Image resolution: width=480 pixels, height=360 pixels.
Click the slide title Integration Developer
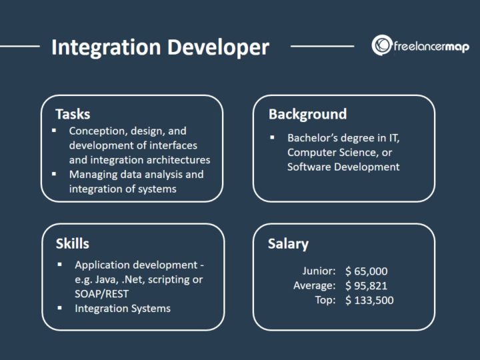pyautogui.click(x=160, y=47)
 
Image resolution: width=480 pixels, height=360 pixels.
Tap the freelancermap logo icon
pyautogui.click(x=382, y=46)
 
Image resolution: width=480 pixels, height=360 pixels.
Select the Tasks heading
pyautogui.click(x=73, y=114)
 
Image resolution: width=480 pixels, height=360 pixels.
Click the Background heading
pyautogui.click(x=307, y=114)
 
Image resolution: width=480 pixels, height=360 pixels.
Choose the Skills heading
pyautogui.click(x=72, y=243)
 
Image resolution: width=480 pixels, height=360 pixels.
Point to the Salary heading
pyautogui.click(x=288, y=243)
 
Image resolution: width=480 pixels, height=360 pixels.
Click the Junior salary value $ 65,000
pyautogui.click(x=366, y=271)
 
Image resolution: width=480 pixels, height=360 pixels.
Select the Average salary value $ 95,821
pyautogui.click(x=366, y=286)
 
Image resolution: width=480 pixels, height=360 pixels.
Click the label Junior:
pyautogui.click(x=318, y=271)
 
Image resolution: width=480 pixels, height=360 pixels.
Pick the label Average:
pyautogui.click(x=314, y=286)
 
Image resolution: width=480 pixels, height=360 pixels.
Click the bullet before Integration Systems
pyautogui.click(x=60, y=308)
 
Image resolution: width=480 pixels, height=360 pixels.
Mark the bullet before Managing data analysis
pyautogui.click(x=55, y=174)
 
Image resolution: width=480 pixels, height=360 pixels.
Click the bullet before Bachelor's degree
pyautogui.click(x=273, y=138)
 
